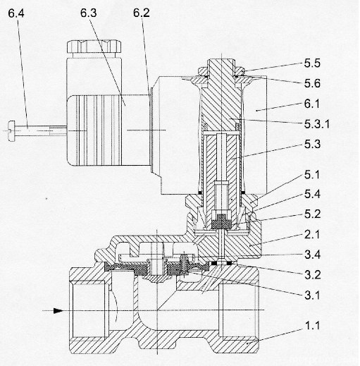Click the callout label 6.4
(16, 13)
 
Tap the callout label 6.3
(88, 13)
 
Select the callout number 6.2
(142, 13)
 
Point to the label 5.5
(312, 63)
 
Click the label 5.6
(312, 83)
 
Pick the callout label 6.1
(312, 104)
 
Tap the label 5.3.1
(317, 124)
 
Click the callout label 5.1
(312, 175)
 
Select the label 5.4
(312, 194)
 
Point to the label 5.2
(312, 214)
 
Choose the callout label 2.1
(312, 234)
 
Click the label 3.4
(312, 255)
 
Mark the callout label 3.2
(312, 275)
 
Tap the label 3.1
(312, 295)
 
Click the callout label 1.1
(312, 326)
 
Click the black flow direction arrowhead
(58, 311)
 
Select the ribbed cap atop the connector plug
(94, 47)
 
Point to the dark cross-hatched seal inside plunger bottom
(221, 221)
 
